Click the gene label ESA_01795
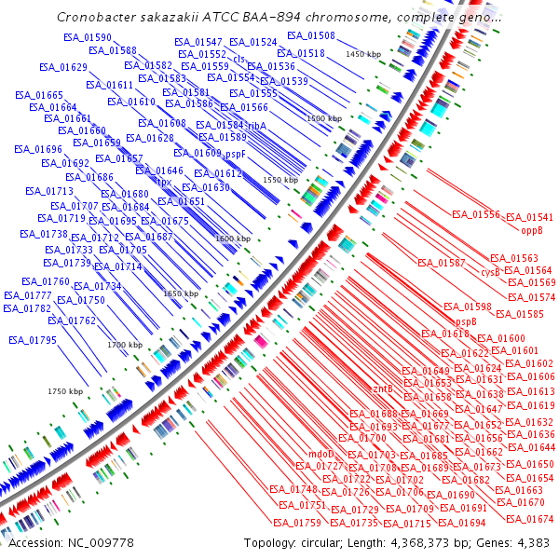33,340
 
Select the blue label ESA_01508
311,35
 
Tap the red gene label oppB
531,229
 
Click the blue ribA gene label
257,124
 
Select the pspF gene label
235,153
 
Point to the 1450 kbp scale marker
363,55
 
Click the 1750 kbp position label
66,391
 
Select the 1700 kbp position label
124,345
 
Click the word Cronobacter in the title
97,17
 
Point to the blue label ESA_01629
63,68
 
